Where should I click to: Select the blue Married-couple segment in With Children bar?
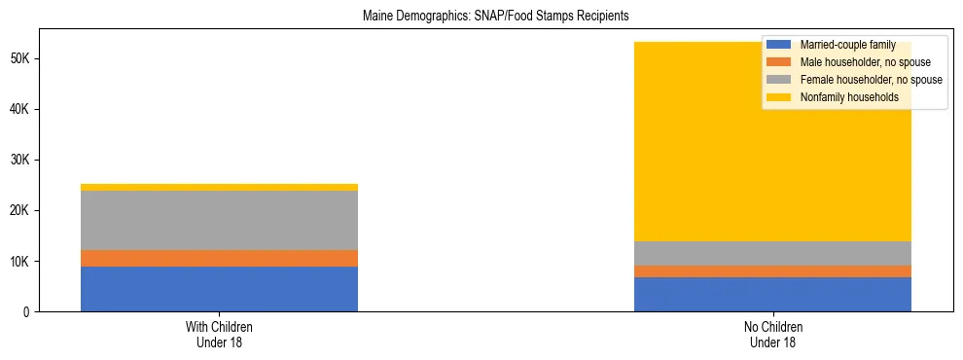(x=219, y=289)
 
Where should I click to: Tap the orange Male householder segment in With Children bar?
(x=219, y=258)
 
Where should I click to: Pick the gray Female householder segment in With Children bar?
(x=219, y=221)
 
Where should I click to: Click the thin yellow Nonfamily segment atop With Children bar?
(x=219, y=187)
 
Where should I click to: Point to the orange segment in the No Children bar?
(x=772, y=271)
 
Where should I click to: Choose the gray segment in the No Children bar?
(x=772, y=253)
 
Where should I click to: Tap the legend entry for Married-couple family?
(x=847, y=45)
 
